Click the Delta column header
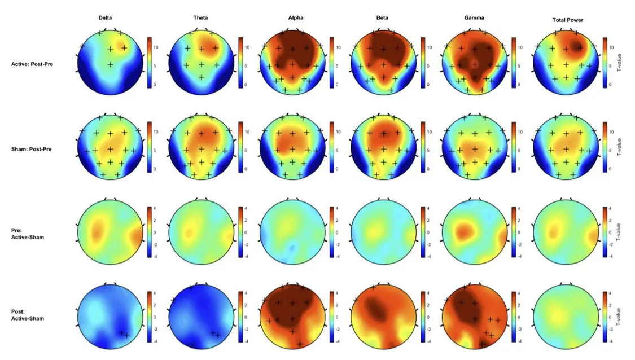[105, 18]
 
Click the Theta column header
[200, 18]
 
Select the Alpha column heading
[295, 18]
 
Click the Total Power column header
[567, 20]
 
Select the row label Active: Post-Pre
[32, 64]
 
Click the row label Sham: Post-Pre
[32, 150]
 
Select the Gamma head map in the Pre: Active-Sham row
[475, 232]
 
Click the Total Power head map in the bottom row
[566, 317]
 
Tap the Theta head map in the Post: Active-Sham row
[202, 317]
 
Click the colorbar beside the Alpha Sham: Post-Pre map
[332, 147]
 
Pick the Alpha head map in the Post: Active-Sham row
[293, 317]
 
